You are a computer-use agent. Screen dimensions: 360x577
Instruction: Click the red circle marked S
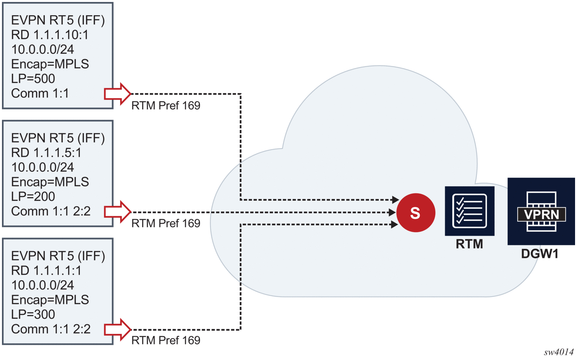pos(415,213)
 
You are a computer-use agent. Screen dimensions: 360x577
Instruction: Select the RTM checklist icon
pos(469,211)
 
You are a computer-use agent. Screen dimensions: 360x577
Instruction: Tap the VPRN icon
pos(541,212)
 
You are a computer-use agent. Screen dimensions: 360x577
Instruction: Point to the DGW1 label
pos(540,254)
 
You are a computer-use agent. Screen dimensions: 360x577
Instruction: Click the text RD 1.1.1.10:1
pos(50,35)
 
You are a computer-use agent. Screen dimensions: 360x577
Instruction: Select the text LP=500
pos(33,79)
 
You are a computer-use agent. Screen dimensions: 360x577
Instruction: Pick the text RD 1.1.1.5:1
pos(46,153)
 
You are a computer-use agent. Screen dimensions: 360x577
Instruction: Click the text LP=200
pos(33,197)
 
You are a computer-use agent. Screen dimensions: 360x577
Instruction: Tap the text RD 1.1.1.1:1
pos(46,270)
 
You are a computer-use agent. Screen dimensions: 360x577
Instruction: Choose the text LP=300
pos(33,314)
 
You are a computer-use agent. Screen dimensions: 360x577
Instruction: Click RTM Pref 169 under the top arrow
pos(166,106)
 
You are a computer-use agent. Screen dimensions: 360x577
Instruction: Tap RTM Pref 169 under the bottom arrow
pos(166,340)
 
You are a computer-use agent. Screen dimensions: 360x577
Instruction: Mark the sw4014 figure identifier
pos(559,352)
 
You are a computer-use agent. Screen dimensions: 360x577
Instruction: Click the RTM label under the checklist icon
pos(469,244)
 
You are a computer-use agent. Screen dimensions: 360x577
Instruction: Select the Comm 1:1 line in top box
pos(40,94)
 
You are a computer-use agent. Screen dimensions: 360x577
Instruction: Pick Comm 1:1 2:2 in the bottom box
pos(51,329)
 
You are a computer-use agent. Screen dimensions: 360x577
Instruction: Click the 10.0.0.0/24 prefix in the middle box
pos(43,167)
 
